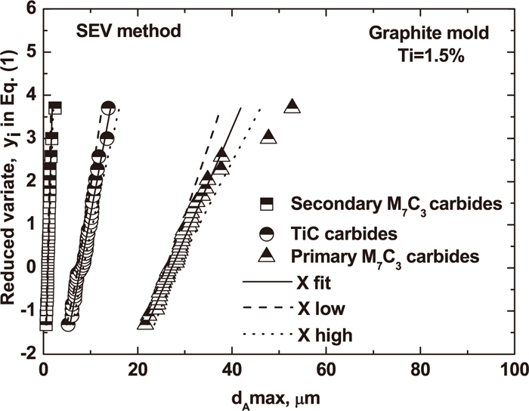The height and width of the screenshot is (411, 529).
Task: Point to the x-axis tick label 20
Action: point(138,372)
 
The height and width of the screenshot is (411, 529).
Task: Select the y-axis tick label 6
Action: point(31,9)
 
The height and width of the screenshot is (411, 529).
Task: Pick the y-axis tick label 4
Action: point(31,95)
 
